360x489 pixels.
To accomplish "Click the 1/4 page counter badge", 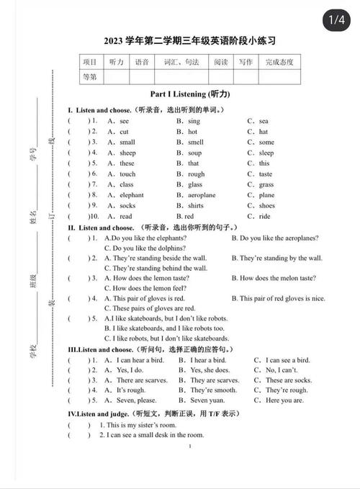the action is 336,21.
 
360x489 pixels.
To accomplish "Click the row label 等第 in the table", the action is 89,76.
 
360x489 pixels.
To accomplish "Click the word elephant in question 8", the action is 131,195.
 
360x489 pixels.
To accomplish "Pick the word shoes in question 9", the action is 267,206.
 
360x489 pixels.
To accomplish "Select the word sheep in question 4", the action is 127,153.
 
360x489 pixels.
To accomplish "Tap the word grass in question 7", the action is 266,185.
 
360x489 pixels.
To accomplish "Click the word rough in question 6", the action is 197,174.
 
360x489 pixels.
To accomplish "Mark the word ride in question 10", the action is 264,217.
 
